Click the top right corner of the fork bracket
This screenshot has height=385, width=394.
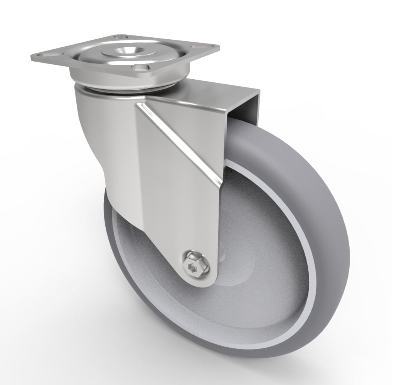pyautogui.click(x=259, y=91)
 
